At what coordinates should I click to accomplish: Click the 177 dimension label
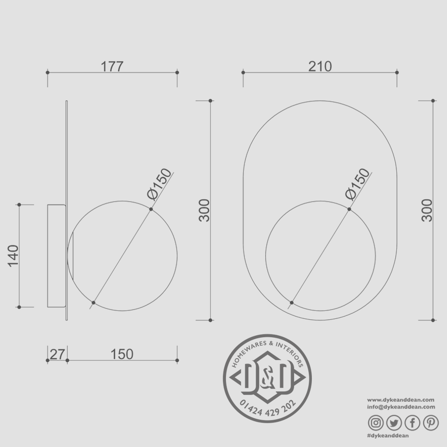(x=112, y=67)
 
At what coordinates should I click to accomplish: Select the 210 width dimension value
(x=320, y=66)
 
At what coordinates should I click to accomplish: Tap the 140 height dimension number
(x=13, y=255)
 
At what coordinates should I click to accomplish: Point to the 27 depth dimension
(x=57, y=354)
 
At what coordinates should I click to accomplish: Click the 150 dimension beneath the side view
(x=122, y=354)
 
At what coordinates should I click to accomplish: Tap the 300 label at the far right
(x=427, y=210)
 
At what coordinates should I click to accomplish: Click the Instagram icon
(x=376, y=423)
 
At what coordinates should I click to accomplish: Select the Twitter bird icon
(x=394, y=423)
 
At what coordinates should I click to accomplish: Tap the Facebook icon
(x=413, y=423)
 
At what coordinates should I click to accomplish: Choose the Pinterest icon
(x=431, y=423)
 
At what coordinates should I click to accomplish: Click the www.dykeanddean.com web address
(x=401, y=399)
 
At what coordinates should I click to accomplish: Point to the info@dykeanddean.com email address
(x=401, y=406)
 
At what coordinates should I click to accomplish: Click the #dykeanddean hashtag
(x=388, y=436)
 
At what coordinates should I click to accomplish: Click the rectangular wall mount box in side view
(x=56, y=256)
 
